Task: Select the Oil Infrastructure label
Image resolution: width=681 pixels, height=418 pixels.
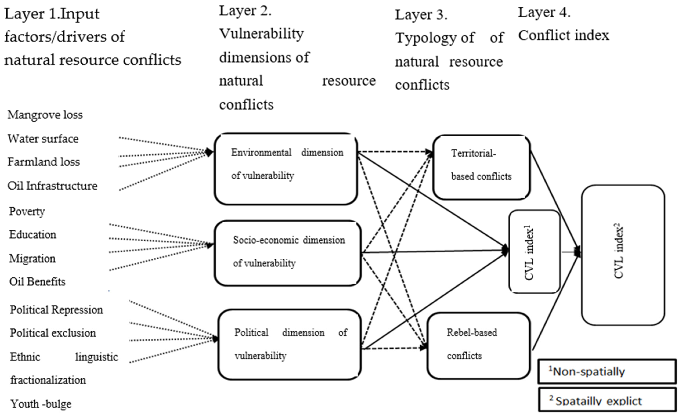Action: click(x=52, y=186)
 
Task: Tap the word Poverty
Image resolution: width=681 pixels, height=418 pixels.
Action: click(x=27, y=211)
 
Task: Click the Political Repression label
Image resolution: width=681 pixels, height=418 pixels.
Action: click(x=56, y=310)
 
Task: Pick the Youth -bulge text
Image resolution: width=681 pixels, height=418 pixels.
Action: click(x=41, y=404)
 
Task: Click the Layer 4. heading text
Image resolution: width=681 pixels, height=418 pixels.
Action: click(x=544, y=12)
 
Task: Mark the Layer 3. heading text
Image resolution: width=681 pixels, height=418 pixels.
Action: click(x=421, y=15)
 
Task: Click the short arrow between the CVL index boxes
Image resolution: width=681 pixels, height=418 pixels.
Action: click(x=570, y=252)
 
